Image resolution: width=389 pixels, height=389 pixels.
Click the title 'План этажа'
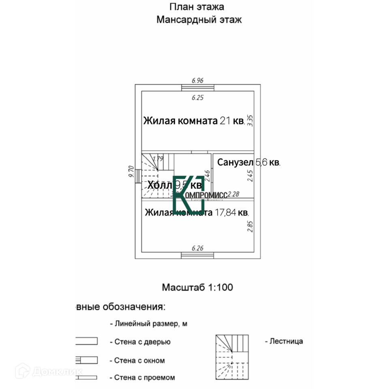(x=197, y=7)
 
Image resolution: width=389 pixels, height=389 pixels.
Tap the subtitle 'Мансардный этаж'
(x=199, y=20)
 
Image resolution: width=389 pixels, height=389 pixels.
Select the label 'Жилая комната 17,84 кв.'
(x=197, y=213)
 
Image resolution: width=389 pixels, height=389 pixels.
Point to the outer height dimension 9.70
(x=131, y=172)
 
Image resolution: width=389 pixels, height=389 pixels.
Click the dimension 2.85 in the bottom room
(x=250, y=226)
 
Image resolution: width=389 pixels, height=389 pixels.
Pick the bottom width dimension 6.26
(x=197, y=248)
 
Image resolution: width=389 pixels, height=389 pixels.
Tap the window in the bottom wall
(x=198, y=255)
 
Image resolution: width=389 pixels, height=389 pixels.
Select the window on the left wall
(x=138, y=176)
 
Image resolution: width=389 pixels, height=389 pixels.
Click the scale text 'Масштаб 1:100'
(x=197, y=288)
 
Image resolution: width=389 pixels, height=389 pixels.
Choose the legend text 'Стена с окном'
(x=139, y=360)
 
